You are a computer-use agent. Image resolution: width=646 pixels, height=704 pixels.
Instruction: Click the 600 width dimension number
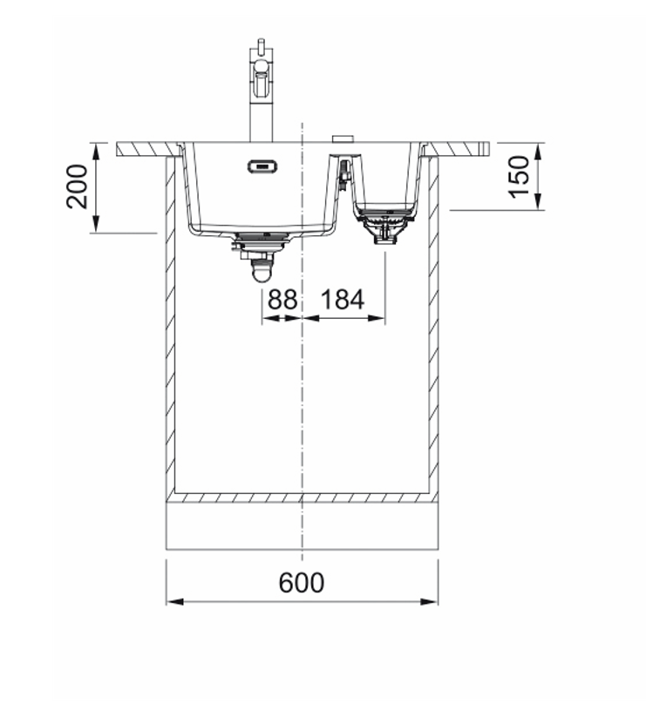[302, 582]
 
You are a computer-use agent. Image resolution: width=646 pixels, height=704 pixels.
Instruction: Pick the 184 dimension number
[343, 300]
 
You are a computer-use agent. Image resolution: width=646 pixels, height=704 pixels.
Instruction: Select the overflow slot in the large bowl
[262, 166]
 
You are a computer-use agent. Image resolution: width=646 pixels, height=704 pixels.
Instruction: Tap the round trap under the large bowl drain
[259, 274]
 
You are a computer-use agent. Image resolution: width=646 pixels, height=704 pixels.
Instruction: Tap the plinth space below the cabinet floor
[302, 526]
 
